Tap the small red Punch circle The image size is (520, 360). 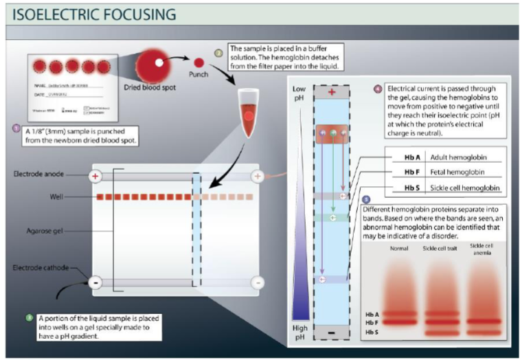pos(199,63)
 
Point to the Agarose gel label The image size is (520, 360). pos(44,232)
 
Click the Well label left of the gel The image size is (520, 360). pos(58,197)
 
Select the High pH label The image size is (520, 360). pos(299,333)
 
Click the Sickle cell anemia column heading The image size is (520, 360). pos(481,248)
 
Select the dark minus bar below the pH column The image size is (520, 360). pos(332,332)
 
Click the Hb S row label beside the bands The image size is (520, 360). pos(372,333)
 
